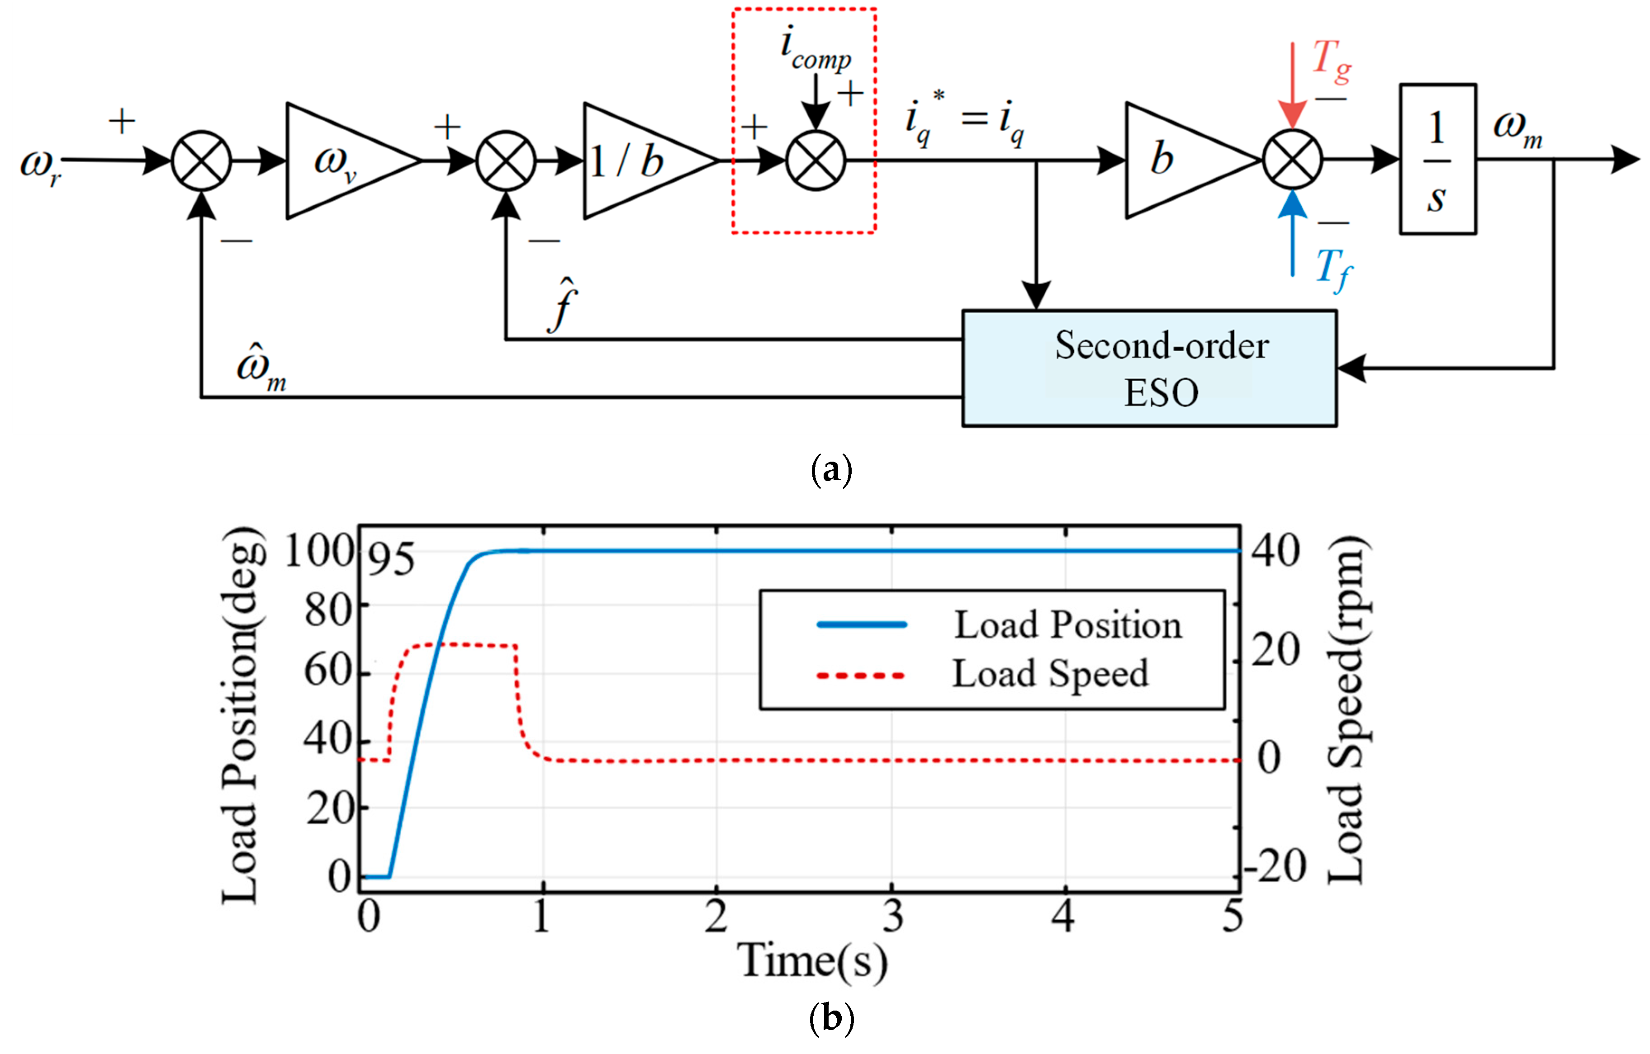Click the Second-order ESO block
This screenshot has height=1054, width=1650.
[1149, 369]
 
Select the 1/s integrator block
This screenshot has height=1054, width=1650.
[1437, 160]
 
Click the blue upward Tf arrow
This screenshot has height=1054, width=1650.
[1292, 233]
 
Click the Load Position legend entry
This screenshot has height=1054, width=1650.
[1067, 624]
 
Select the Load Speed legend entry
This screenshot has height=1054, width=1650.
[1050, 674]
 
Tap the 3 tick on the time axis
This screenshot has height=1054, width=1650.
[892, 917]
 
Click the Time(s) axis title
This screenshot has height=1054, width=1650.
[812, 961]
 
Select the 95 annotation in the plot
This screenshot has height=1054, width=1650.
[391, 559]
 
